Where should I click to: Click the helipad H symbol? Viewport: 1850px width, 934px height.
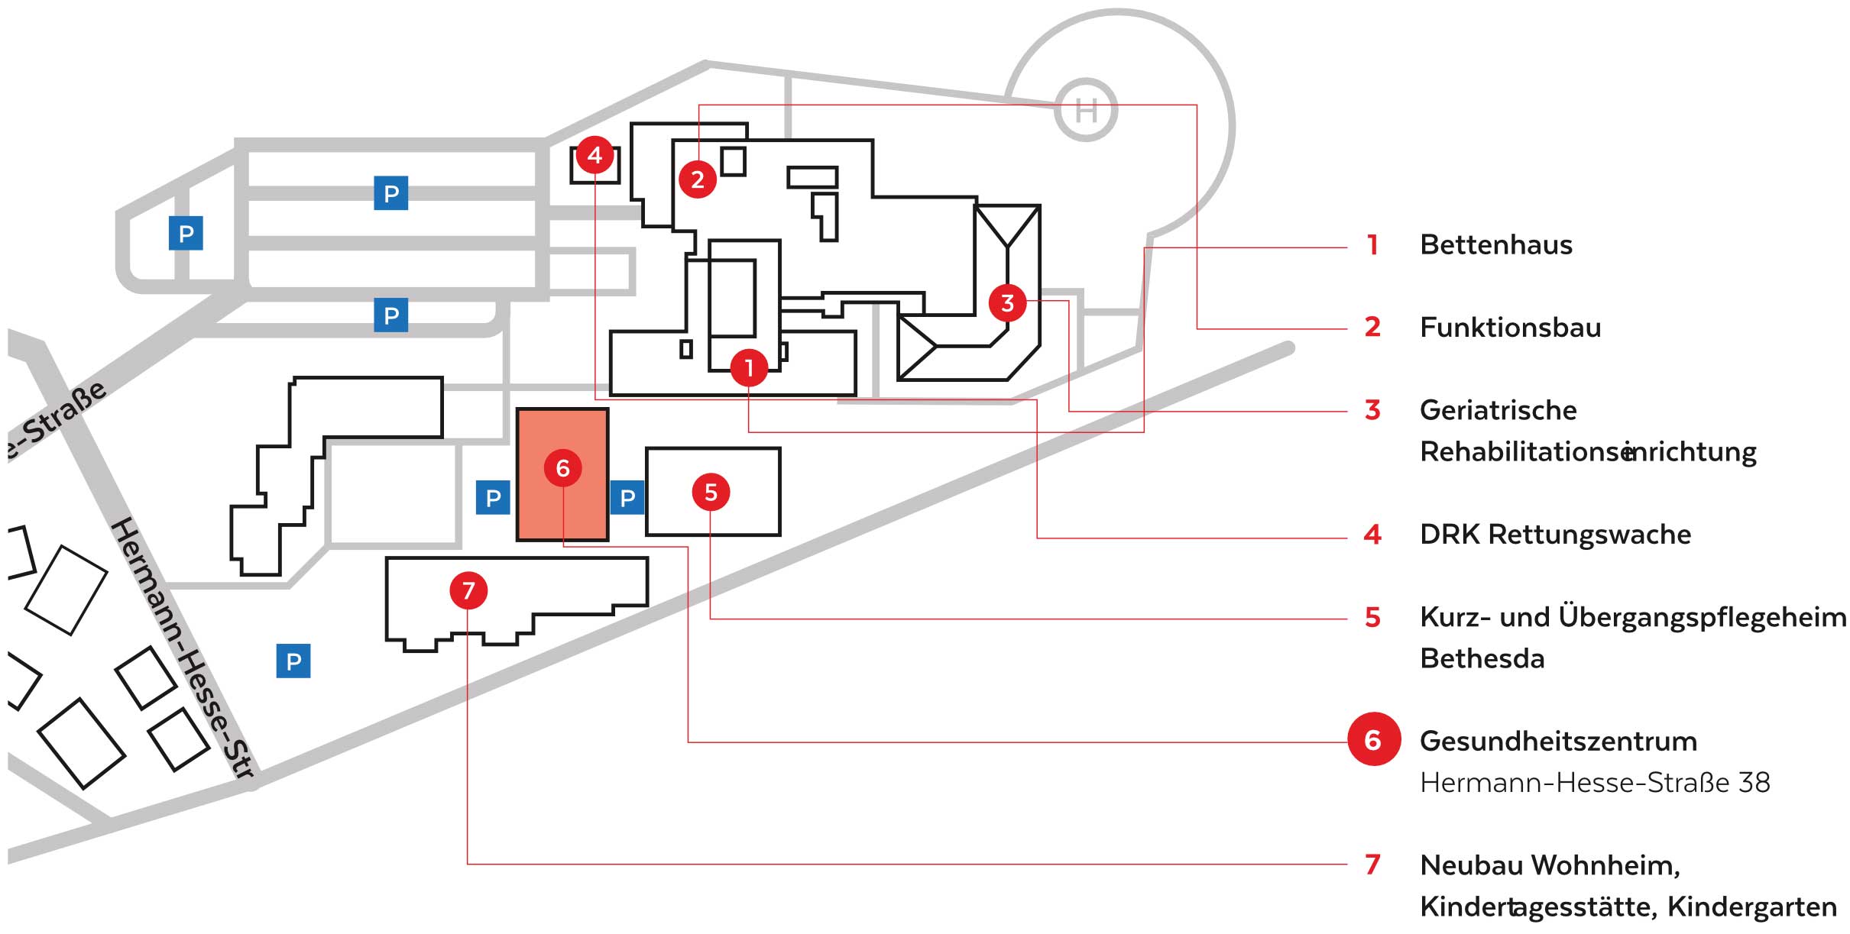point(1086,110)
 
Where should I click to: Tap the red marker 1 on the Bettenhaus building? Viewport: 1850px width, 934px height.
point(749,368)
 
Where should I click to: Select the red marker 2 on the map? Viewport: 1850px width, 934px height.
point(698,179)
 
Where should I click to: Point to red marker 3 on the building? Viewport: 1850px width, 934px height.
point(1007,303)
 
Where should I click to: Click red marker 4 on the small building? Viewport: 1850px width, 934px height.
point(595,156)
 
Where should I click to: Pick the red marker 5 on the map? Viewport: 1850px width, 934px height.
point(711,493)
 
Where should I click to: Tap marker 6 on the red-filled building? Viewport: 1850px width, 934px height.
point(562,468)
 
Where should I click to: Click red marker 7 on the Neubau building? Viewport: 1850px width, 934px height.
point(468,590)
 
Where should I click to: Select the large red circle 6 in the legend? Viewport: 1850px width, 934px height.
point(1373,739)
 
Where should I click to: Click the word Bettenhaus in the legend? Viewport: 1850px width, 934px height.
point(1496,245)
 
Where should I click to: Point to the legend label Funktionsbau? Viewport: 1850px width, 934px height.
point(1510,328)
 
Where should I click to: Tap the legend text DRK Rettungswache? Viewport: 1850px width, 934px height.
point(1555,535)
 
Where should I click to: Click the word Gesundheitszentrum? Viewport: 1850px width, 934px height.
point(1558,742)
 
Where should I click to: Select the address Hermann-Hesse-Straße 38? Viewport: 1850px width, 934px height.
point(1595,783)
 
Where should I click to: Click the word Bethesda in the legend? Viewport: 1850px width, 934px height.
point(1482,658)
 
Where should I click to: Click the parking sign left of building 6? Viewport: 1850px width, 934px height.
point(493,498)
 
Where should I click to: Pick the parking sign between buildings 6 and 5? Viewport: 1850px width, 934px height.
point(627,498)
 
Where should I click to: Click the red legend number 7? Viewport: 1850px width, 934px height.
point(1372,865)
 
